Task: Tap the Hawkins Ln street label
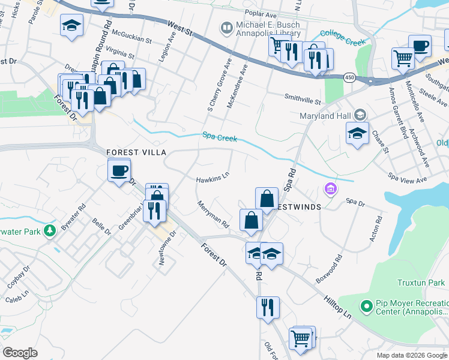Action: [212, 178]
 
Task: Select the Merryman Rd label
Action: [214, 214]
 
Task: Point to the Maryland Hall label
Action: [325, 116]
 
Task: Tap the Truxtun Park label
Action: [421, 283]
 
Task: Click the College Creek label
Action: [342, 38]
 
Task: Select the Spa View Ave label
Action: [408, 178]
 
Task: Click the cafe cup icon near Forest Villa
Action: [119, 170]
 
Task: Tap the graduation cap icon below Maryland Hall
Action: [357, 133]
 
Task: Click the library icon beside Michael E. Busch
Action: [227, 27]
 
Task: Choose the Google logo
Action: [20, 353]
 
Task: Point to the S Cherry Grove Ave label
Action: [218, 85]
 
